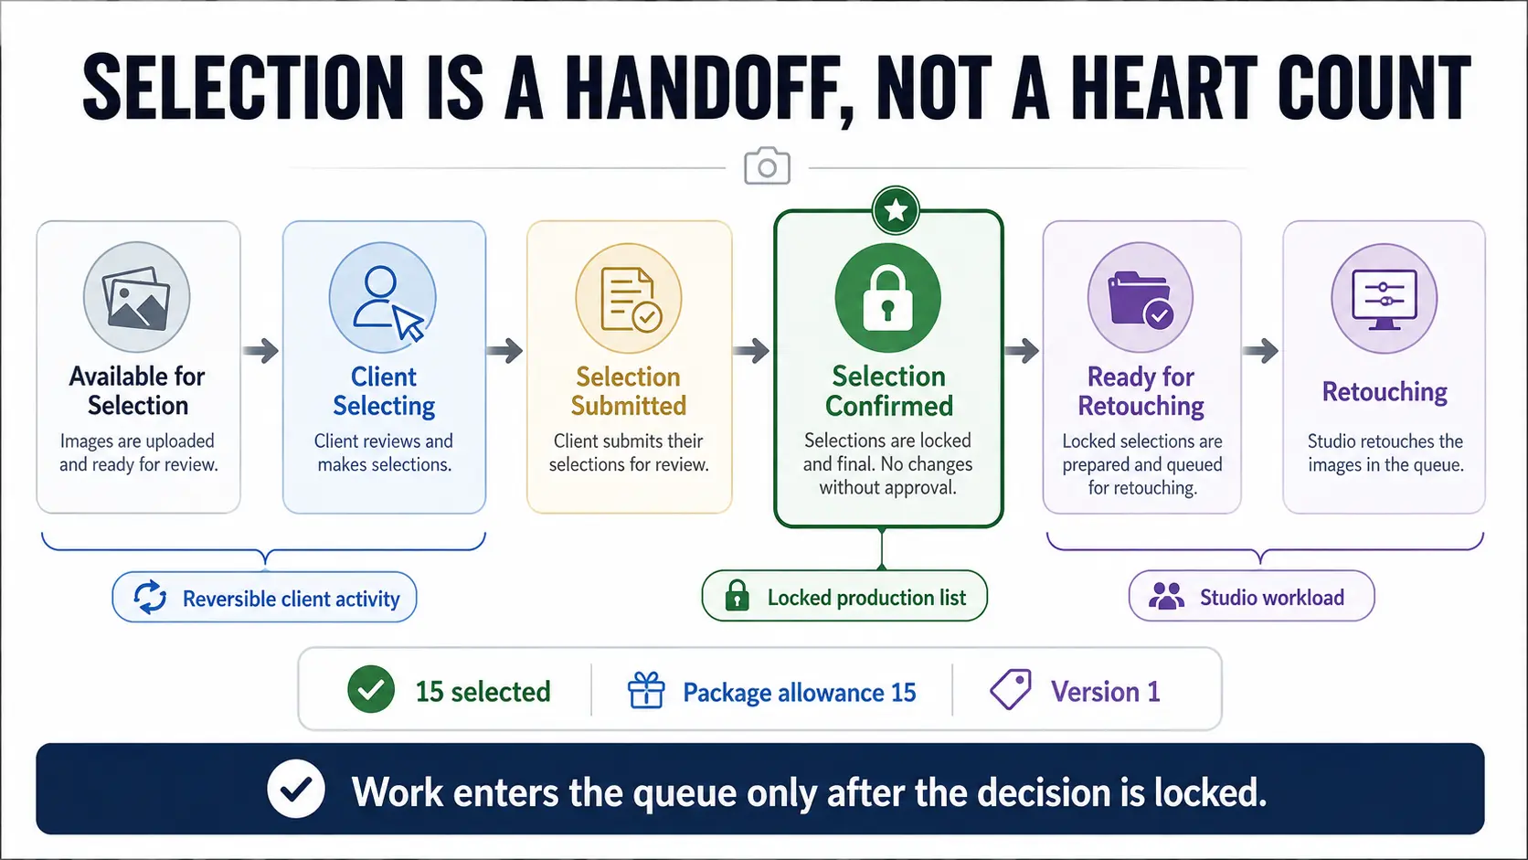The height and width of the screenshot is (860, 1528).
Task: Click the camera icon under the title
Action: (x=767, y=165)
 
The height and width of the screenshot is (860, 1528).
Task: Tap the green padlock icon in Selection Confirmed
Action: (x=887, y=298)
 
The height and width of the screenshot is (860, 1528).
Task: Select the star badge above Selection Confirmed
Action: (x=896, y=210)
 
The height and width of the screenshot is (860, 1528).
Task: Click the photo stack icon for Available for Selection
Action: (x=136, y=297)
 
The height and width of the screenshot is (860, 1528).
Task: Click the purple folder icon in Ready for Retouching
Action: (x=1140, y=298)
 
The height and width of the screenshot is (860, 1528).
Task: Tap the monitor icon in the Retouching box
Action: (x=1385, y=299)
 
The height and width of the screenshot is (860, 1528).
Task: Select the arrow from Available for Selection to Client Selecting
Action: (x=261, y=351)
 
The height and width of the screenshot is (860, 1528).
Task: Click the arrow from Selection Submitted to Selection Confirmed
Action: (x=752, y=351)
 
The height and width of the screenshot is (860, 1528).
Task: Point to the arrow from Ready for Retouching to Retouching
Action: (x=1260, y=351)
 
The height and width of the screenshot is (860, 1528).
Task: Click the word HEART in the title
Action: (x=1163, y=88)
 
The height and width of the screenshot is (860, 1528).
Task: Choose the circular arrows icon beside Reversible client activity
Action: (x=150, y=598)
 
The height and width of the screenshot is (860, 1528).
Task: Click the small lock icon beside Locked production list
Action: (x=737, y=595)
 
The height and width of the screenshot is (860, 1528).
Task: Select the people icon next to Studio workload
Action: (x=1166, y=596)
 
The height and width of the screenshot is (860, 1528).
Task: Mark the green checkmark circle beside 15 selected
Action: (x=371, y=689)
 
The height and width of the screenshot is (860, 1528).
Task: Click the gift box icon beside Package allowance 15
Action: (x=646, y=690)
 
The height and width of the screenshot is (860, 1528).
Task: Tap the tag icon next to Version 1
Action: (x=1011, y=689)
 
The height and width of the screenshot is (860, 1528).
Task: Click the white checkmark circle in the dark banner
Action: (x=296, y=789)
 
